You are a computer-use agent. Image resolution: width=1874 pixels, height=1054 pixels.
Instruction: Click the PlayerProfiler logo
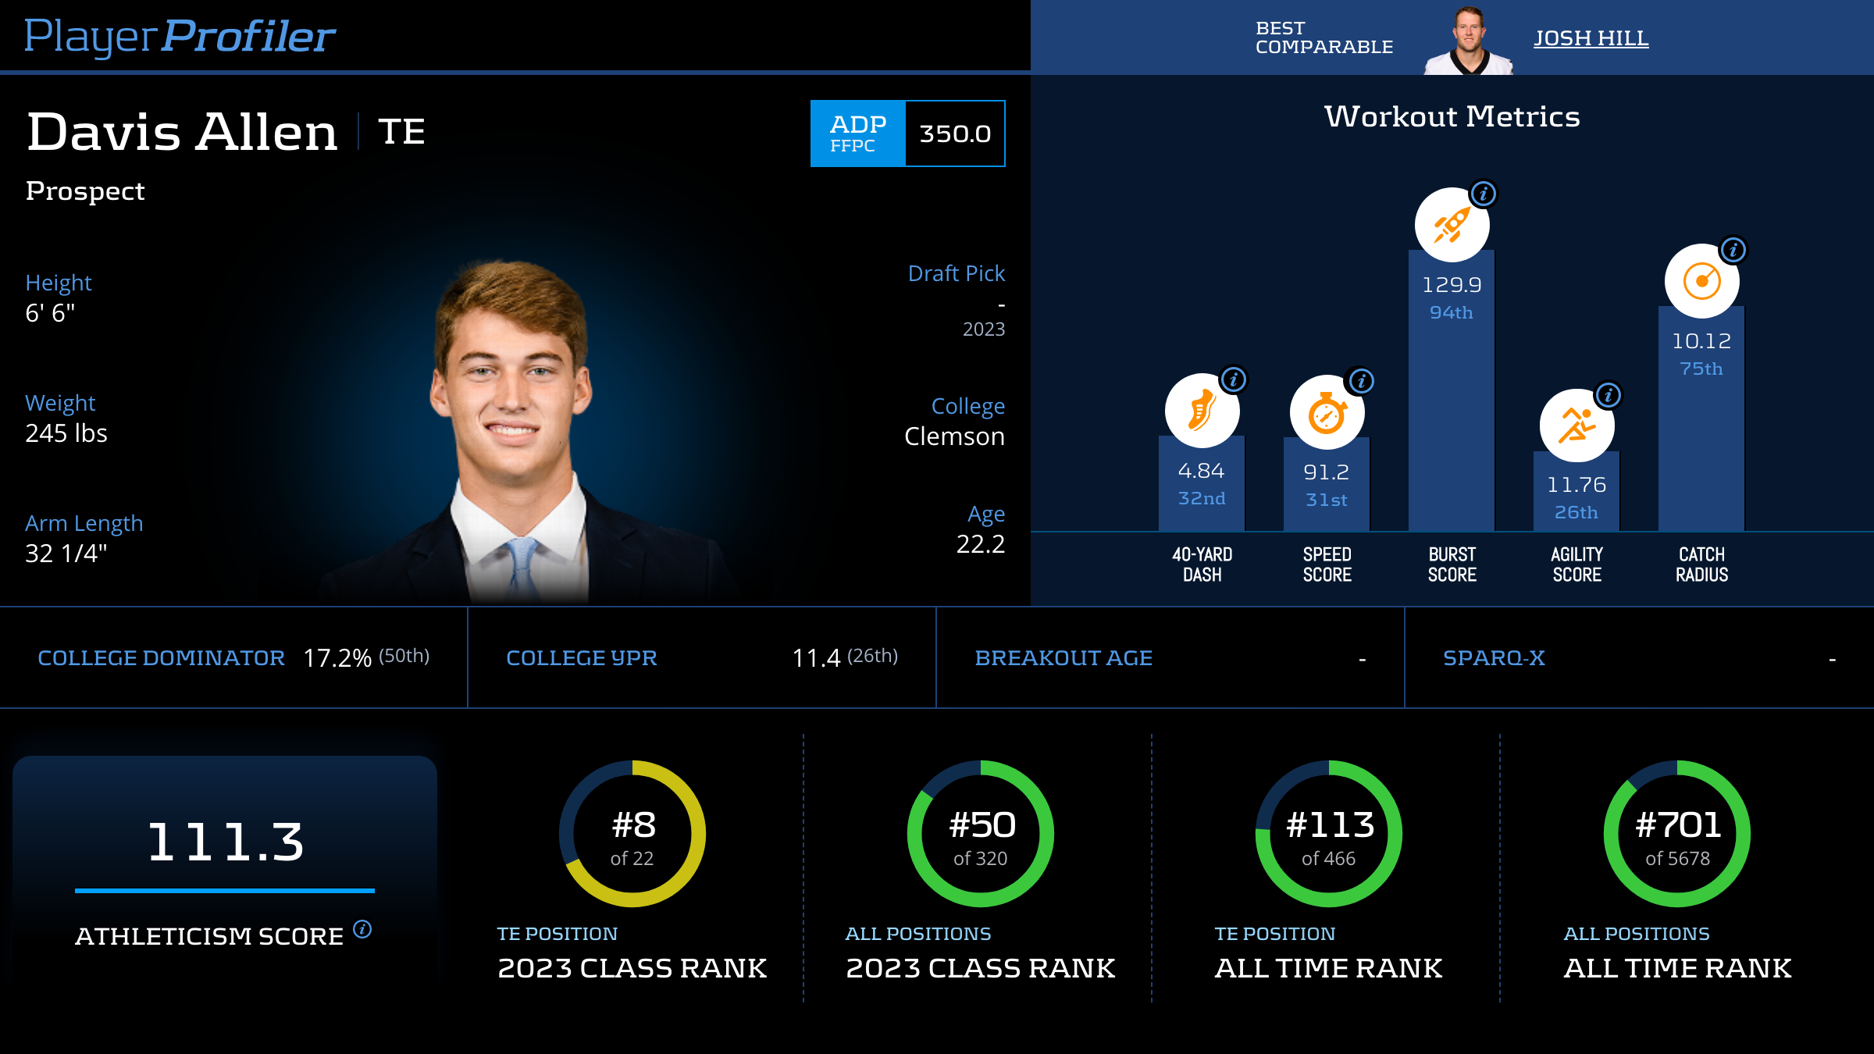[180, 37]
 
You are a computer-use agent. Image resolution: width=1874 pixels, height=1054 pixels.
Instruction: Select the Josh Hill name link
[1591, 38]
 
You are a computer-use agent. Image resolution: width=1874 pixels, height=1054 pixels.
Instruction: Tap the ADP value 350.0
[955, 134]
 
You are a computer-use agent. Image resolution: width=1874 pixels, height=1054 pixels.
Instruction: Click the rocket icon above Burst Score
[1452, 226]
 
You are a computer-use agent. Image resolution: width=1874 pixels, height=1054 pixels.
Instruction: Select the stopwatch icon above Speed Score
[1327, 413]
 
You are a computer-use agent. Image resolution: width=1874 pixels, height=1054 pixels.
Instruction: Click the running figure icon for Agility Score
[1577, 426]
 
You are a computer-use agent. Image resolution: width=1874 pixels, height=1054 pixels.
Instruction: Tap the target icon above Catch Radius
[1701, 282]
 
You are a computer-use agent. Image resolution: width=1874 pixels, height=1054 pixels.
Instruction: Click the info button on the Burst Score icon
[1484, 193]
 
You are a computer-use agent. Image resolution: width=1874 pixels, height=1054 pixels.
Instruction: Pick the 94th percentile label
[1452, 312]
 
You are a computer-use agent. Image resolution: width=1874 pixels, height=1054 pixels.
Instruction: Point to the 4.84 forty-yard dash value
[1202, 471]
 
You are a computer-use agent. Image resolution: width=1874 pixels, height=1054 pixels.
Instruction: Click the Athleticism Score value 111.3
[225, 842]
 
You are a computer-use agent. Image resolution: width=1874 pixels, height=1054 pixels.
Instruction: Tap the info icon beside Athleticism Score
[362, 929]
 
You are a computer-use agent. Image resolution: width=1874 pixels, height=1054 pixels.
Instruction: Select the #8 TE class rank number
[633, 825]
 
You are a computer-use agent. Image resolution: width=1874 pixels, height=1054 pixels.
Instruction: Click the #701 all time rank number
[1678, 825]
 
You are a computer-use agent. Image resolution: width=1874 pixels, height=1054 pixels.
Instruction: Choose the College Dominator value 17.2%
[337, 658]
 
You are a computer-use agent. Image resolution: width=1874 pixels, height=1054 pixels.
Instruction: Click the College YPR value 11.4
[816, 658]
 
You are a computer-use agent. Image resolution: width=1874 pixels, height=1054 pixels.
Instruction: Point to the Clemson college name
[954, 436]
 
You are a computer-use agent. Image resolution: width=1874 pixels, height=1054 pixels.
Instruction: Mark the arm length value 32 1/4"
[66, 554]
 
